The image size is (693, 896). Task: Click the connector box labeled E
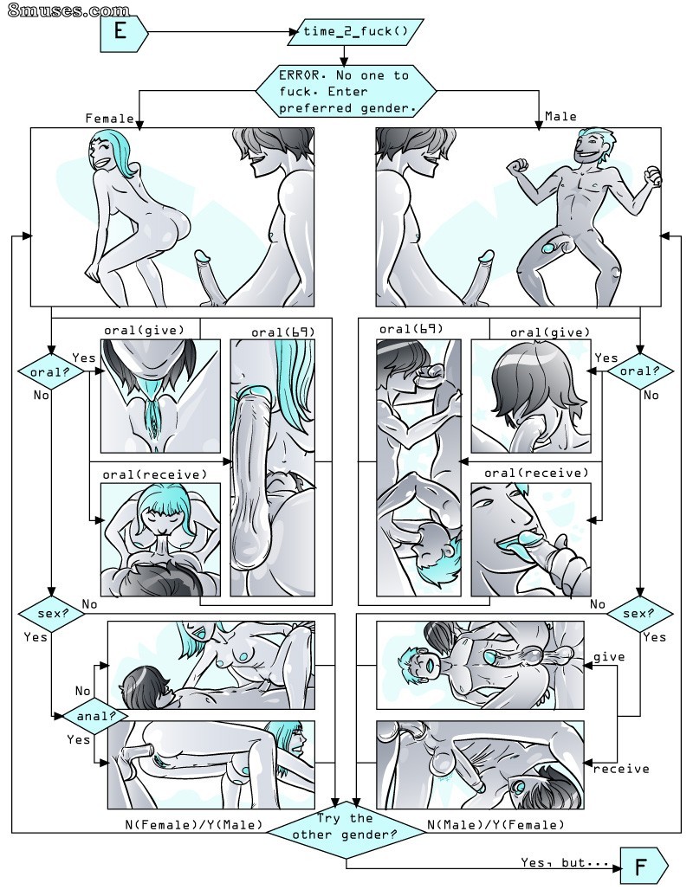124,31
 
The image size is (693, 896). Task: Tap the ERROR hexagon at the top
346,92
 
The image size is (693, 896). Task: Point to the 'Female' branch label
109,119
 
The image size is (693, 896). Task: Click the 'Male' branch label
561,117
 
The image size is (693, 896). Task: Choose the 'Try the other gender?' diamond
346,831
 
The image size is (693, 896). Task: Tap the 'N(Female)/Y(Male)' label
194,825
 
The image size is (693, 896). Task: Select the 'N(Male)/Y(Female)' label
495,825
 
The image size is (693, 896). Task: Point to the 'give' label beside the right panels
609,657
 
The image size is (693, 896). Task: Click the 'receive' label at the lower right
621,769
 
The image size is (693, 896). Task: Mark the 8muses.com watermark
68,10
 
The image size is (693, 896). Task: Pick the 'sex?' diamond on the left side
52,615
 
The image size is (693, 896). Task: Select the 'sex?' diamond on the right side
640,615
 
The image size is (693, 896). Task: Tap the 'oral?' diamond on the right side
640,371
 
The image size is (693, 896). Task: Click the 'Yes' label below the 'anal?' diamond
78,739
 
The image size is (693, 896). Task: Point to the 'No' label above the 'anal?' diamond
83,691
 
